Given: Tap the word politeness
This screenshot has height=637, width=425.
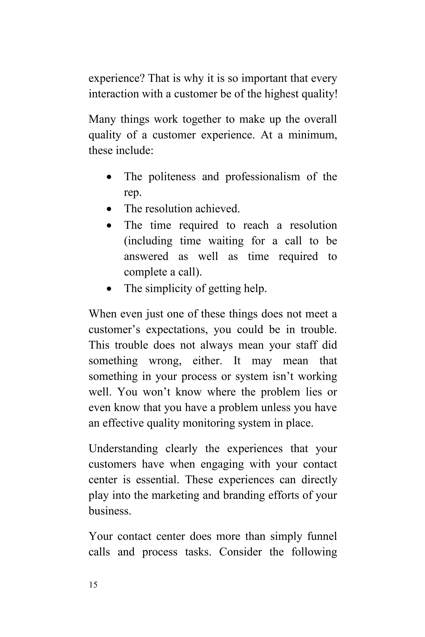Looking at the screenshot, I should click(x=172, y=177).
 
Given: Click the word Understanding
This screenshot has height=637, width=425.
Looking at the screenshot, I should click(x=123, y=449).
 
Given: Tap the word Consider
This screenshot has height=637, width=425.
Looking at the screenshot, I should click(x=241, y=552).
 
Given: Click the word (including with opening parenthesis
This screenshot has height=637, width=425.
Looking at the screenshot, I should click(x=148, y=241).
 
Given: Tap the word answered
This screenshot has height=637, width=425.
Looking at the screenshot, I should click(x=146, y=257).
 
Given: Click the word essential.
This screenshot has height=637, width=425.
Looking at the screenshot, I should click(x=158, y=480).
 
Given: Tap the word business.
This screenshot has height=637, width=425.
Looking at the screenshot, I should click(x=110, y=511).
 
